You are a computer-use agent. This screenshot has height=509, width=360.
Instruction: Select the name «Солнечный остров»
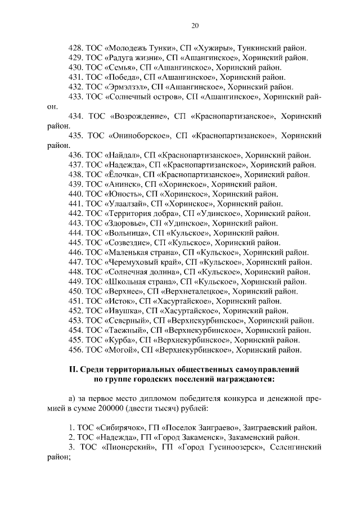(143, 96)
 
